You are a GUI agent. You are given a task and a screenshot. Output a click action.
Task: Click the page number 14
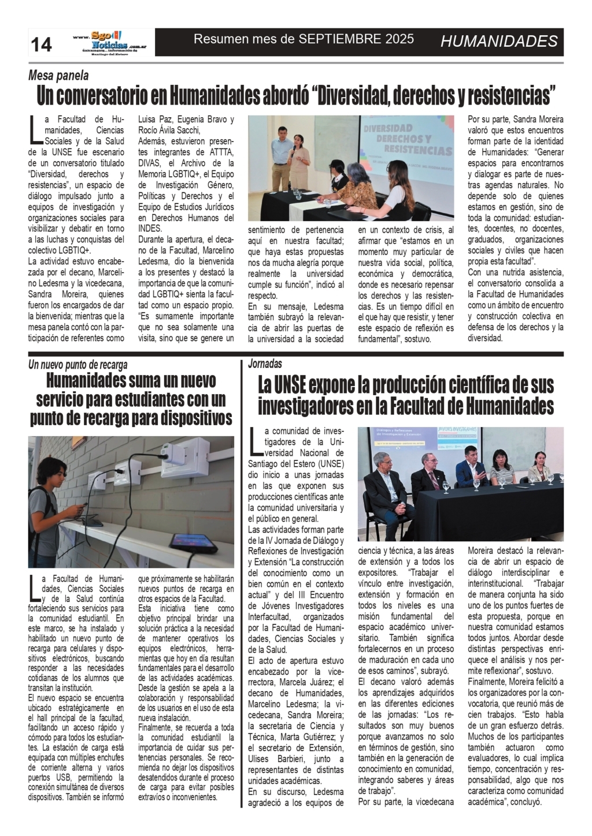[41, 44]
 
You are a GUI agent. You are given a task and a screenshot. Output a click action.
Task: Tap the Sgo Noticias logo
[108, 42]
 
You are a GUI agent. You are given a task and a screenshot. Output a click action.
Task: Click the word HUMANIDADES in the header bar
[498, 41]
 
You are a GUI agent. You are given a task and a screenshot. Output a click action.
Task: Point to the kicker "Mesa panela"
[58, 75]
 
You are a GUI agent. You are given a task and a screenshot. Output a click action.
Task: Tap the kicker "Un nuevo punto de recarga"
[78, 365]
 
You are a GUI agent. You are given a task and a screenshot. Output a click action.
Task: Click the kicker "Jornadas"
[265, 364]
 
